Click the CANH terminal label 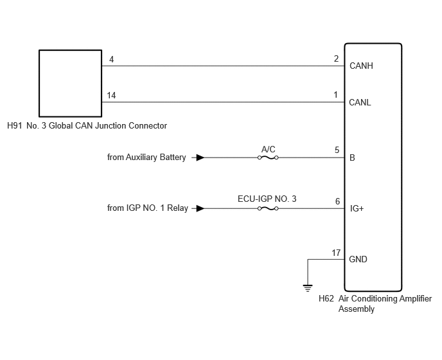pyautogui.click(x=361, y=66)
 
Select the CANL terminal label pyautogui.click(x=360, y=102)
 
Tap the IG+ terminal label pyautogui.click(x=357, y=208)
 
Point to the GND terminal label pyautogui.click(x=358, y=259)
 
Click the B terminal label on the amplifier pyautogui.click(x=352, y=157)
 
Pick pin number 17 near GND pyautogui.click(x=336, y=253)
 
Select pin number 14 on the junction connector pyautogui.click(x=111, y=95)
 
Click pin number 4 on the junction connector pyautogui.click(x=111, y=60)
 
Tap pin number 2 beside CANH pyautogui.click(x=336, y=59)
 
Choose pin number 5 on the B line pyautogui.click(x=337, y=150)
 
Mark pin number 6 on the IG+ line pyautogui.click(x=337, y=201)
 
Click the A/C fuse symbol pyautogui.click(x=268, y=157)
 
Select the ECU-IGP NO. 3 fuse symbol pyautogui.click(x=268, y=208)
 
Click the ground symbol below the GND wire pyautogui.click(x=308, y=289)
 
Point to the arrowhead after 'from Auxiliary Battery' pyautogui.click(x=200, y=157)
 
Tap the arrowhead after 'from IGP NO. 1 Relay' pyautogui.click(x=200, y=208)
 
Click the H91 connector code pyautogui.click(x=14, y=126)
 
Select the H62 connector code pyautogui.click(x=326, y=298)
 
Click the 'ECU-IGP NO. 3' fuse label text pyautogui.click(x=267, y=199)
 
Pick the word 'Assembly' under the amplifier pyautogui.click(x=357, y=309)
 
